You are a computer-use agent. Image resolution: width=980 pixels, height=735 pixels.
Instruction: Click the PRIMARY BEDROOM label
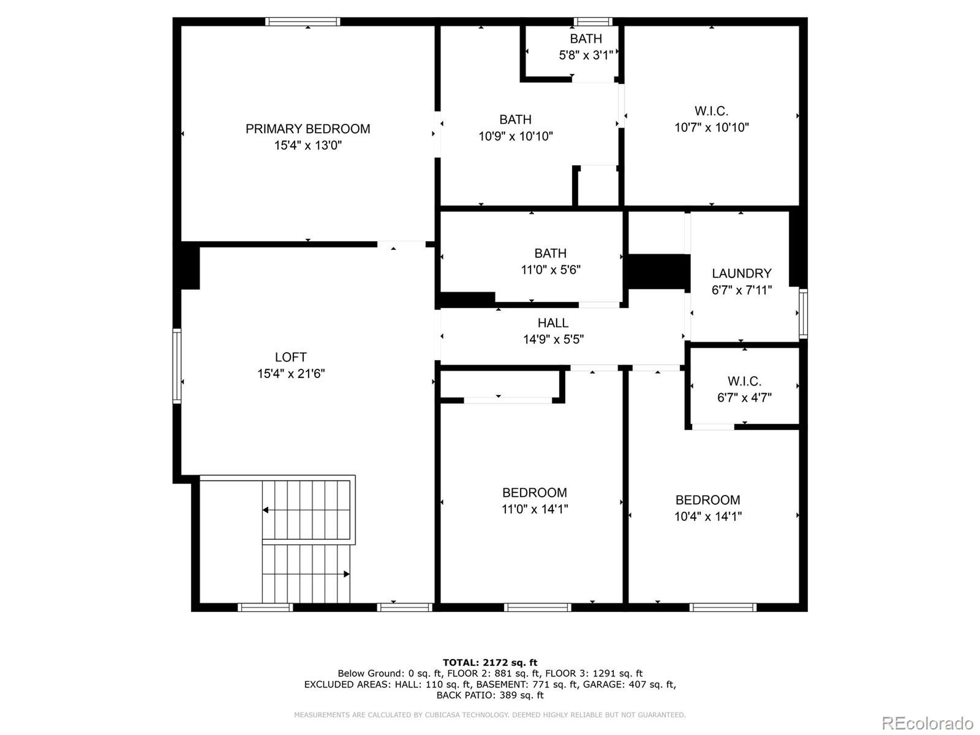pos(308,129)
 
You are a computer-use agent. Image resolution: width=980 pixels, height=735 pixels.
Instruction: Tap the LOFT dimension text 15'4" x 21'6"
pos(291,374)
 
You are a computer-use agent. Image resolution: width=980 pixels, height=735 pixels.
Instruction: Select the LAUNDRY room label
pos(742,273)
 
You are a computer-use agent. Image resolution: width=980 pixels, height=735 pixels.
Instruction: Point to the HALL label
pos(553,323)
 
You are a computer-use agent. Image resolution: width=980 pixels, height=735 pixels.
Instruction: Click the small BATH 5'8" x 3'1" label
pos(586,39)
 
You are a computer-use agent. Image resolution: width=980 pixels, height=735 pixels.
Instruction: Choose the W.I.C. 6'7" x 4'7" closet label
pos(744,381)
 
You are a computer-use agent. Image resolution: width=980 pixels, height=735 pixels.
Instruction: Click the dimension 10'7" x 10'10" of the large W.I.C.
pos(712,127)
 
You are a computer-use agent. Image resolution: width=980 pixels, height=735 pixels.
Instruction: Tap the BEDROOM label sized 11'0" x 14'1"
pos(534,493)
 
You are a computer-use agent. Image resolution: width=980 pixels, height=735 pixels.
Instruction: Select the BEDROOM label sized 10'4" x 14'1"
pos(707,500)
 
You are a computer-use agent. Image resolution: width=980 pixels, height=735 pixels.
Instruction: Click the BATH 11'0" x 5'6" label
pos(550,253)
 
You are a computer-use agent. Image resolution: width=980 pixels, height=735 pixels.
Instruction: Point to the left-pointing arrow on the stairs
pos(266,510)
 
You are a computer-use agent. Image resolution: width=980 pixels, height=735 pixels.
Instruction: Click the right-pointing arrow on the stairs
pos(346,574)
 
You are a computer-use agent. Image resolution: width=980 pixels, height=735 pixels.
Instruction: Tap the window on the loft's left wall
pos(177,366)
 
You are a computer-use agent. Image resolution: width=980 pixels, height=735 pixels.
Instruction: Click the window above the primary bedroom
pos(303,22)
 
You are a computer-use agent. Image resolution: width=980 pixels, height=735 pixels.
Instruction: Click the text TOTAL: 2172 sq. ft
pos(490,663)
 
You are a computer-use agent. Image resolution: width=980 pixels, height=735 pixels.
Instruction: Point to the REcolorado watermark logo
pos(927,724)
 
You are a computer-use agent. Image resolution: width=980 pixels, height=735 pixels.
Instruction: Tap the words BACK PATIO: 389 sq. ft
pos(490,695)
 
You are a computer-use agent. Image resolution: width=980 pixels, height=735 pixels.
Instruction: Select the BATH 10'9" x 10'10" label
pos(515,119)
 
